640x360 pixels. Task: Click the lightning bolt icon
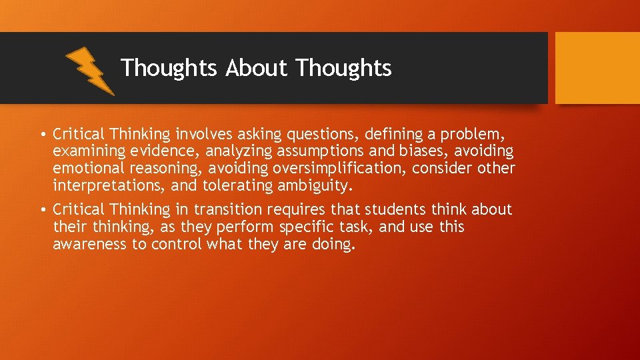click(x=90, y=70)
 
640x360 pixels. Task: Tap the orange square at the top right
click(x=597, y=68)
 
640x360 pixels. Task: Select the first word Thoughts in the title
click(x=169, y=68)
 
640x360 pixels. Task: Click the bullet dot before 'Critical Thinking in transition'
click(x=43, y=210)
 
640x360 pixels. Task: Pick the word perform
click(x=245, y=227)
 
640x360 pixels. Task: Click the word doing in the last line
click(x=333, y=245)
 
